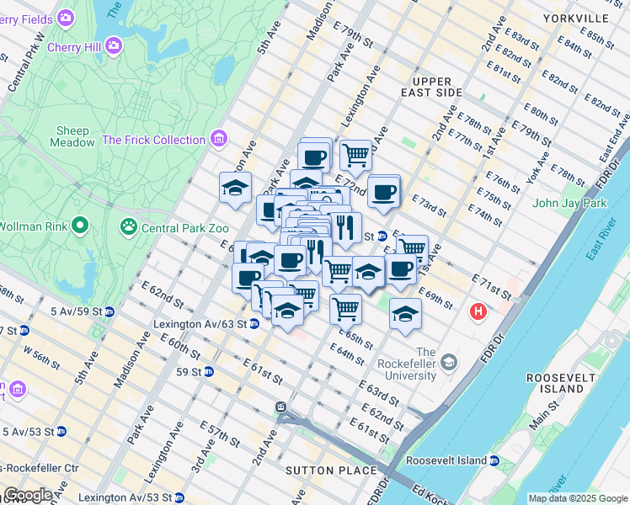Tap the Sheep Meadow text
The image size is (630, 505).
(75, 136)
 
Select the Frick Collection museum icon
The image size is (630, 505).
(219, 138)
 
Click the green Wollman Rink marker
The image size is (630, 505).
(81, 225)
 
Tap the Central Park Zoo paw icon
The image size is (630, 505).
(129, 226)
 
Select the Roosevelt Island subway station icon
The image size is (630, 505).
(494, 460)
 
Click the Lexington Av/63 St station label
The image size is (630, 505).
(200, 323)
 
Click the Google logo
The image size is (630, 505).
(28, 495)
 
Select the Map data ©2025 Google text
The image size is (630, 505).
(577, 498)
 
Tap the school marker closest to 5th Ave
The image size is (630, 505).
(235, 188)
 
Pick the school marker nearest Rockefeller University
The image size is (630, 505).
(405, 313)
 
